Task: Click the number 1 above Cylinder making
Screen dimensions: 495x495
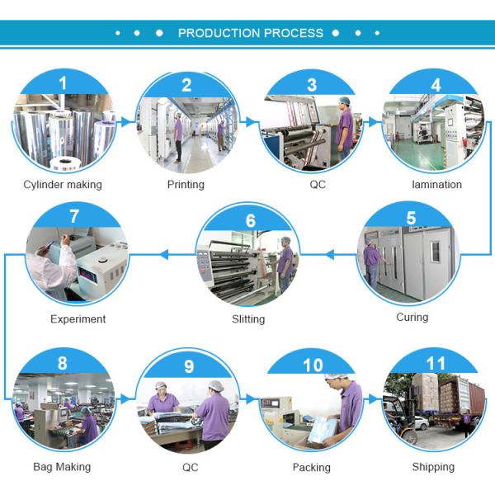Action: point(63,83)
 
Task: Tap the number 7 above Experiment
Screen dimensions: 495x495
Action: point(74,216)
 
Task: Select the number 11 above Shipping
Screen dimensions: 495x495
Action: point(436,363)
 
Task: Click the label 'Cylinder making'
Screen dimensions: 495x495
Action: point(63,185)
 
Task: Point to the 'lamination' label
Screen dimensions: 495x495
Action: point(437,184)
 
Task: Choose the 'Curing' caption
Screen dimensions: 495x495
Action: point(412,317)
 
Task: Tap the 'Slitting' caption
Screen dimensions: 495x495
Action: point(248,319)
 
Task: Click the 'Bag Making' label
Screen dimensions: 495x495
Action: point(62,467)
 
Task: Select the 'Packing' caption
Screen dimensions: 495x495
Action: point(312,468)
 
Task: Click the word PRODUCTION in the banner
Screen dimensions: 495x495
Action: point(219,33)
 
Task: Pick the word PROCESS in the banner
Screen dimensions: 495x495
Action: point(294,33)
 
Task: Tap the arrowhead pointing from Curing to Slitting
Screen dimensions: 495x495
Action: point(330,254)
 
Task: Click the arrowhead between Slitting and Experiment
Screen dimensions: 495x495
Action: point(163,254)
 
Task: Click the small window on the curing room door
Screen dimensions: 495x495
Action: point(436,252)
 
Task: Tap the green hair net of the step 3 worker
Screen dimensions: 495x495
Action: point(344,101)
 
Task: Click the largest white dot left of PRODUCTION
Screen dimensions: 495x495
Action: point(159,33)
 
